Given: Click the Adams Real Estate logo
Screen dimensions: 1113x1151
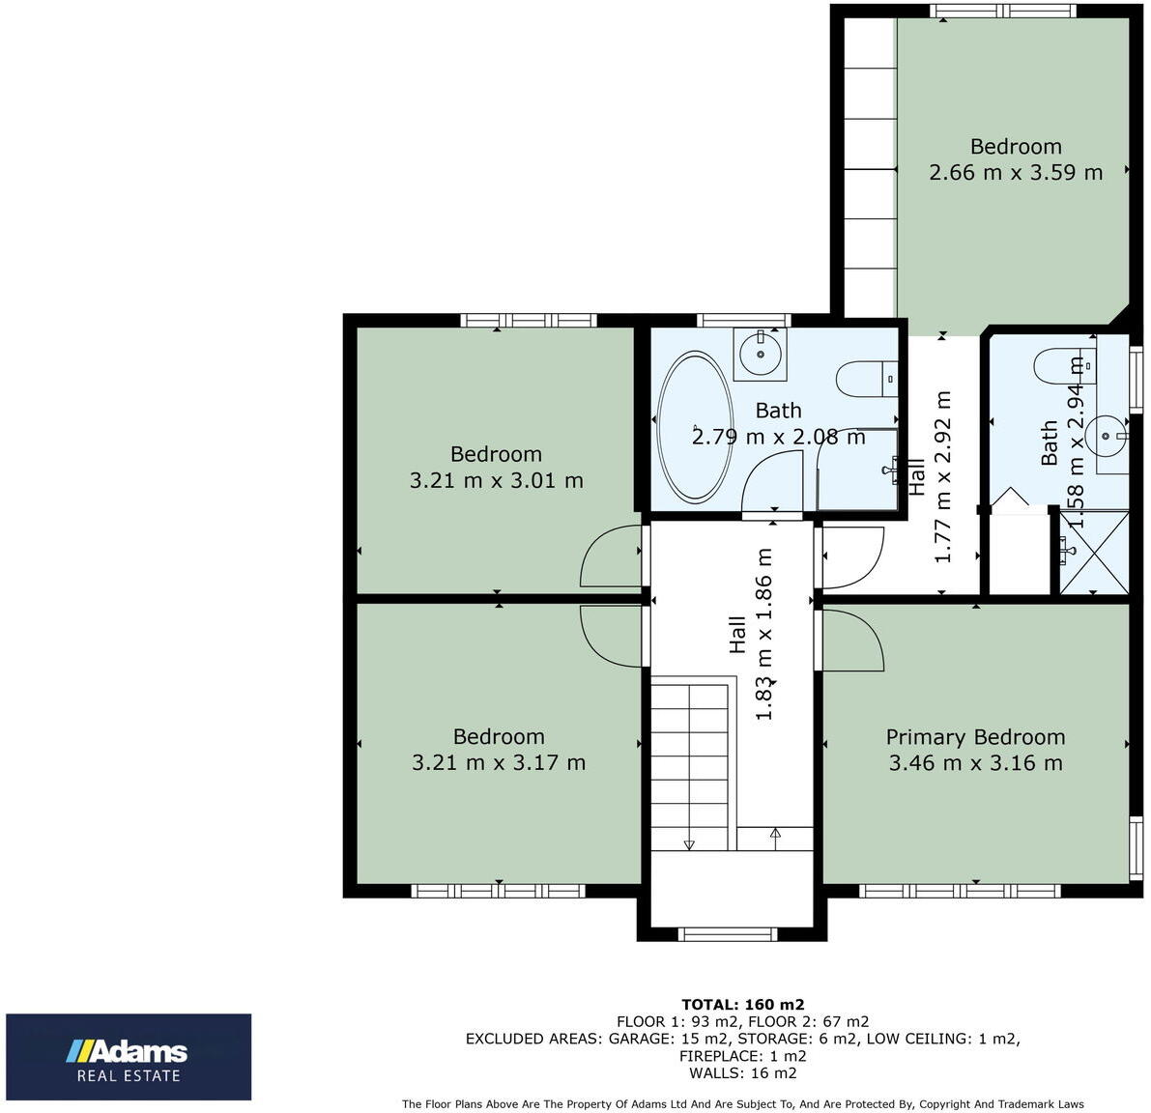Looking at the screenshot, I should point(129,1057).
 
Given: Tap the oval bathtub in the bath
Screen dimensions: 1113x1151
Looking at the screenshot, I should point(694,428).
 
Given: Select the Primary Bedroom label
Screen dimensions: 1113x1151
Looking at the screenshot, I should point(975,737).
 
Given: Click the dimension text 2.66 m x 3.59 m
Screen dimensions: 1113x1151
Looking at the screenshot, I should point(1015,173).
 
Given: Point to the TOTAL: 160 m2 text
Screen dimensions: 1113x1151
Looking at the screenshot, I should point(742,1005).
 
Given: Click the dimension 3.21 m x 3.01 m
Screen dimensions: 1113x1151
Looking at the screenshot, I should point(496,480).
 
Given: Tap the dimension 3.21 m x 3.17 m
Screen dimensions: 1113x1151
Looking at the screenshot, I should point(499,762).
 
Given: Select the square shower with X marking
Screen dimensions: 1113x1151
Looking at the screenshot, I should point(1094,552).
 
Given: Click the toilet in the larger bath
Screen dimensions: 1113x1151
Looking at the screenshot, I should point(867,379).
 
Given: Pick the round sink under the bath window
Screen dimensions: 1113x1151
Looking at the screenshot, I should point(761,353).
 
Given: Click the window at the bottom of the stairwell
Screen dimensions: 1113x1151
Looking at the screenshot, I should point(728,934).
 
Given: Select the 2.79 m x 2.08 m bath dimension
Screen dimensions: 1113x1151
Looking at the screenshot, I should point(778,437).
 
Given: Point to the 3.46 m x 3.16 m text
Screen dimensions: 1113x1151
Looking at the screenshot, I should point(975,763).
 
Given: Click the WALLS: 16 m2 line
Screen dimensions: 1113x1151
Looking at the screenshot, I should point(742,1073).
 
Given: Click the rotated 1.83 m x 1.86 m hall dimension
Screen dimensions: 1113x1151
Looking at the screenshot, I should point(763,634).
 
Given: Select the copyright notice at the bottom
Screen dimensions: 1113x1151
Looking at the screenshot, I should point(742,1104).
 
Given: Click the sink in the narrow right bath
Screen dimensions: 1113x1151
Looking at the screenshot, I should point(1105,435).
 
